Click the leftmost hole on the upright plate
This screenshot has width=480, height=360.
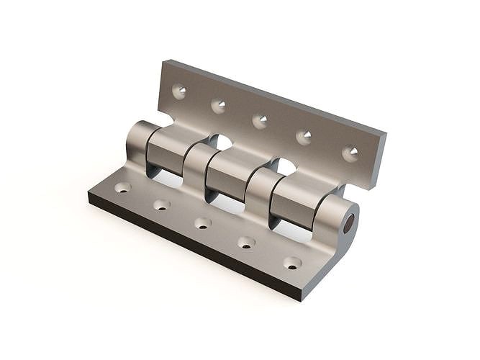tap(179, 91)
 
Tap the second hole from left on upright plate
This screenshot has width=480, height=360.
tap(218, 106)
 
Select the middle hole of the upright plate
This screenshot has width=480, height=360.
tap(260, 120)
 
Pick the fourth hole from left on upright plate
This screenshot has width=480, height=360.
tap(304, 136)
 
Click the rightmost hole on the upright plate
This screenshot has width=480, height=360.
tap(350, 153)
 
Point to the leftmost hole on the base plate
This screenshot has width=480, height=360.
tap(122, 187)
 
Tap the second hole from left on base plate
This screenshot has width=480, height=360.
tap(161, 205)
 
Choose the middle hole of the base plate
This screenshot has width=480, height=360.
tap(203, 223)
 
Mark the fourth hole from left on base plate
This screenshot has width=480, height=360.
tap(246, 243)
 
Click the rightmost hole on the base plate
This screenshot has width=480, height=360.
tap(292, 263)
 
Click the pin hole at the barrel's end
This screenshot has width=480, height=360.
tap(348, 224)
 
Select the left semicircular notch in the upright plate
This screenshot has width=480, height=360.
tap(222, 142)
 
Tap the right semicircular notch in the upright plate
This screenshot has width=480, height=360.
tap(286, 166)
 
